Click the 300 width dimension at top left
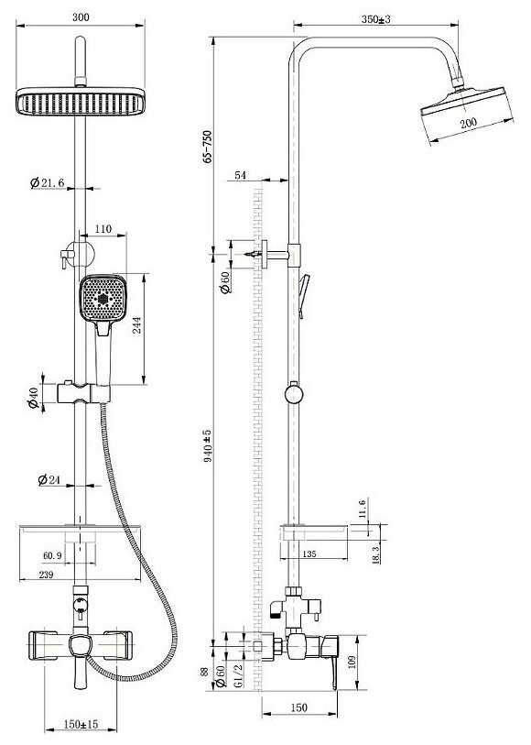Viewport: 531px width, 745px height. [81, 17]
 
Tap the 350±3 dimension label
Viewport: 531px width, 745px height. [376, 19]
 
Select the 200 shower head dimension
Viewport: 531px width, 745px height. [469, 123]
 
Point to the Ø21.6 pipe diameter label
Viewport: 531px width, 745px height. [47, 182]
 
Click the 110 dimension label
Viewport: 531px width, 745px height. [103, 229]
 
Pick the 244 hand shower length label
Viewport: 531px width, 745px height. [137, 325]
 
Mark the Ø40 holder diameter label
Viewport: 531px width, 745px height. [33, 398]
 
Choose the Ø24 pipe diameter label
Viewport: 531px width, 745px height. [49, 480]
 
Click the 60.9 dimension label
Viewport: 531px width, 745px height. [52, 555]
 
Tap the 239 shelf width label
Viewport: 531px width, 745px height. [46, 575]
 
